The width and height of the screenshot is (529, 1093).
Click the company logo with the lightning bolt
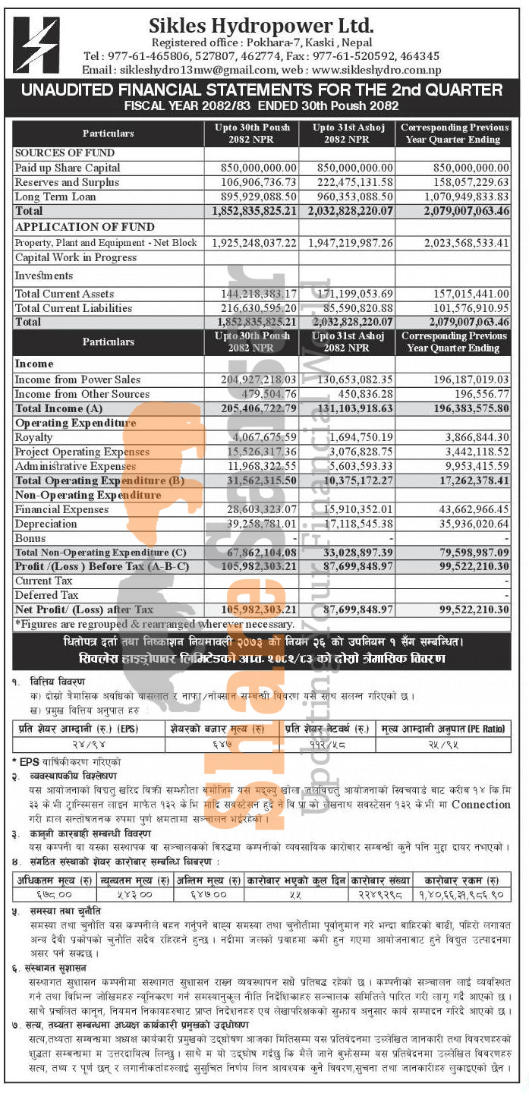click(x=37, y=45)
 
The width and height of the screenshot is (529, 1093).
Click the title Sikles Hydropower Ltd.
click(x=261, y=24)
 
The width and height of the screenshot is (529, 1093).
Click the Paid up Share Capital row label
click(x=68, y=167)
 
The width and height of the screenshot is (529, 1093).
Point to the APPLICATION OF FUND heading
click(x=84, y=227)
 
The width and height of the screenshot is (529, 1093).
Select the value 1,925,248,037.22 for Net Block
click(x=253, y=243)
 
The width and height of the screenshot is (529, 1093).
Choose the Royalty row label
click(x=34, y=437)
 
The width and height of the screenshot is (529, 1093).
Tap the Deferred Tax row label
click(x=46, y=595)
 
